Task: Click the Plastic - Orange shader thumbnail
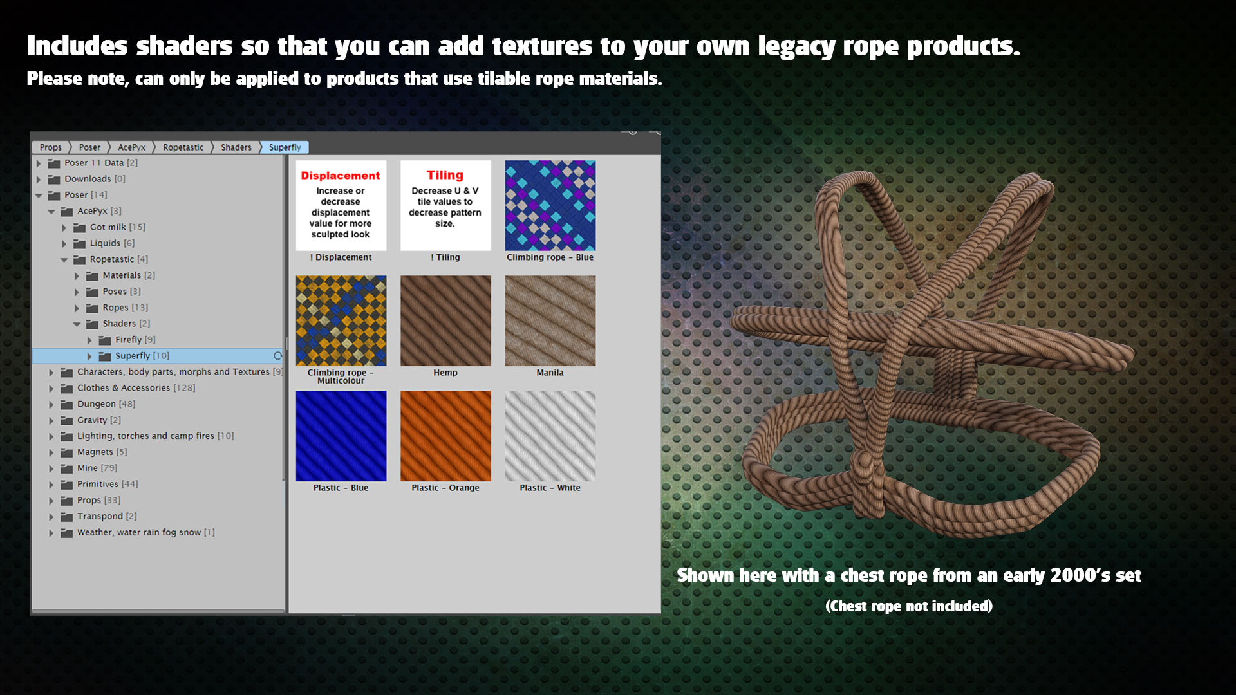pos(445,436)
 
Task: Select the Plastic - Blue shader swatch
pos(341,436)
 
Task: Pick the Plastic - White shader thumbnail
pos(550,436)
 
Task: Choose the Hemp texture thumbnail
pos(445,320)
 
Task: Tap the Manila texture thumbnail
pos(550,320)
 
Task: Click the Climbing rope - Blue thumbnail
pos(550,205)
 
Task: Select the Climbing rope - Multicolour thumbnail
pos(341,320)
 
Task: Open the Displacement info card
pos(341,205)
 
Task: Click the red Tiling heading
pos(445,175)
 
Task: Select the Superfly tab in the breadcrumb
pos(285,147)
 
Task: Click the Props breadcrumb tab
pos(51,147)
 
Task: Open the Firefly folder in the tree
pos(129,340)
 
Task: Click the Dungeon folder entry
pos(98,404)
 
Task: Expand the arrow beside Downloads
pos(39,179)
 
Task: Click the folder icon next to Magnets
pos(66,452)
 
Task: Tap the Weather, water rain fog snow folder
pos(138,533)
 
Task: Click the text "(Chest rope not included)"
pos(909,606)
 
